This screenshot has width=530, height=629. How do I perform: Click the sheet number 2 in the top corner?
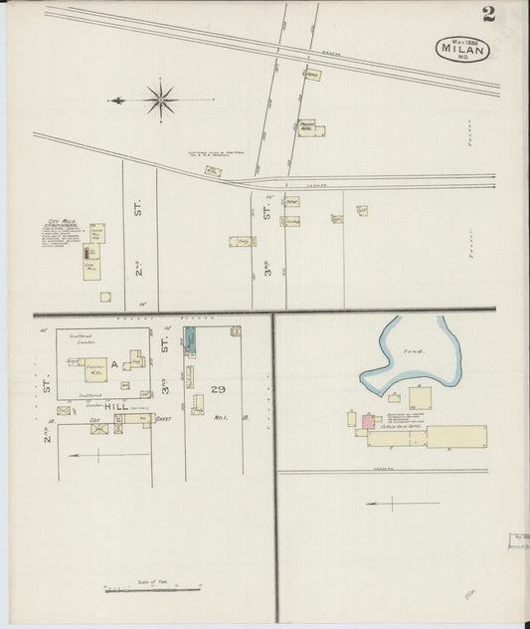click(x=488, y=13)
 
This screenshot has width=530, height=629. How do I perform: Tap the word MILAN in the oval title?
click(x=461, y=49)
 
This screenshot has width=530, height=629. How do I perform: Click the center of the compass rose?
click(x=160, y=99)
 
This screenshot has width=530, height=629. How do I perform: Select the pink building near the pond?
click(x=367, y=422)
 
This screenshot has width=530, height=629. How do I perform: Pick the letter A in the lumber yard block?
click(x=114, y=365)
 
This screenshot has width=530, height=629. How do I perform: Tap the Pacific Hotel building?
click(x=310, y=128)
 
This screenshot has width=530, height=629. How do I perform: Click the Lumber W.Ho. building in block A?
click(x=94, y=368)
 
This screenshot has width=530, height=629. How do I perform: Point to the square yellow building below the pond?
click(x=420, y=398)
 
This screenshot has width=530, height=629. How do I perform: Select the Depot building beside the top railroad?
click(x=312, y=75)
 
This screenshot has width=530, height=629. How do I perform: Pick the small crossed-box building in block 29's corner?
click(x=235, y=332)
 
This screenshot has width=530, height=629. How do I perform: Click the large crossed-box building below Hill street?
click(x=98, y=429)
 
